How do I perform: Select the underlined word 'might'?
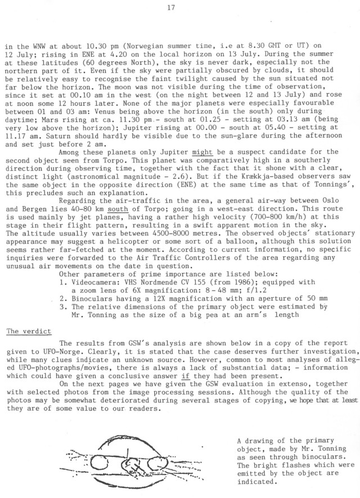click(201, 152)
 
